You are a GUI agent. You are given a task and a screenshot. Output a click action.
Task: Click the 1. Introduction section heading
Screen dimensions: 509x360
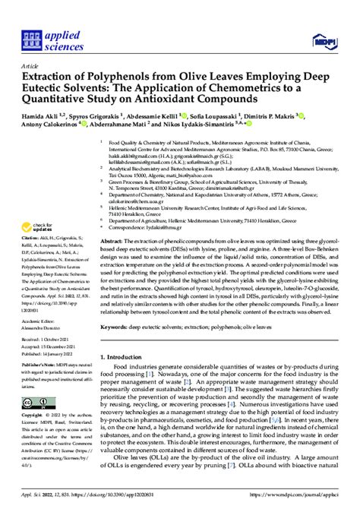point(127,356)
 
